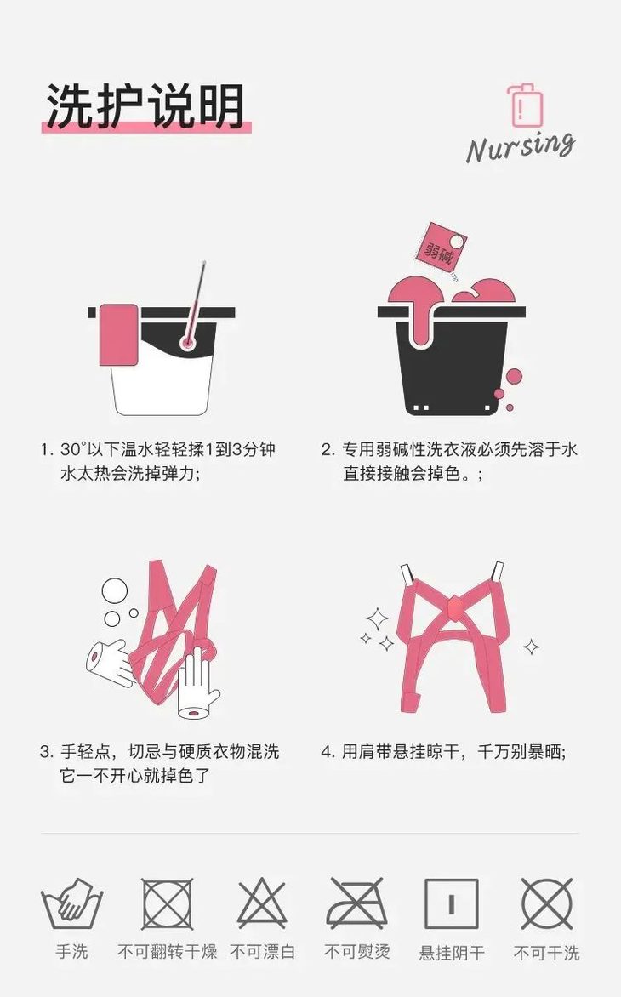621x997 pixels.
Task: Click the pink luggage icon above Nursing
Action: tap(524, 105)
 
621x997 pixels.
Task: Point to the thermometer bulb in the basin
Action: tap(186, 342)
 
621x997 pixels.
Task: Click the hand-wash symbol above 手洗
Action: tap(71, 905)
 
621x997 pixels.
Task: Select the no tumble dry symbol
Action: tap(167, 903)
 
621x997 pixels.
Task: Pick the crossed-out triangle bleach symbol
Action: tap(262, 903)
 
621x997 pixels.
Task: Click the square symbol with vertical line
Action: tap(452, 903)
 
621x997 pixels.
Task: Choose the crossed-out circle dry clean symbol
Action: tap(547, 903)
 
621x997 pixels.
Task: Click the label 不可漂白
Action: tap(262, 952)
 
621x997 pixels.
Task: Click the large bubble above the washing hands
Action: tap(114, 590)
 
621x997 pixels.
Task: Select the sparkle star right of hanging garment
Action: tap(532, 647)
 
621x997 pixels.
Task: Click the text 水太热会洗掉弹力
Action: tap(129, 474)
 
